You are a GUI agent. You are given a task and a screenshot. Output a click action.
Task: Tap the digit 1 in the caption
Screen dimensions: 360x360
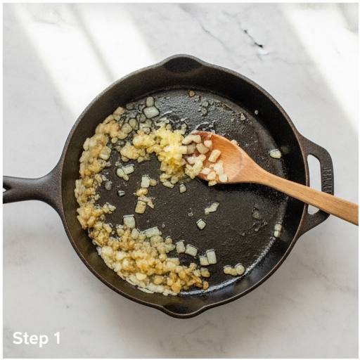[57, 338]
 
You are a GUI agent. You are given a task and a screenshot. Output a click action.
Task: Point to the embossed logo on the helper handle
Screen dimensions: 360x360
[328, 181]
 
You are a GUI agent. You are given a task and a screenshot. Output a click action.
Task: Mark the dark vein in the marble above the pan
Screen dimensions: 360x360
[254, 40]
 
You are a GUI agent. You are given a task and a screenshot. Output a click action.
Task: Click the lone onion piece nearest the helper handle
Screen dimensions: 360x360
[275, 153]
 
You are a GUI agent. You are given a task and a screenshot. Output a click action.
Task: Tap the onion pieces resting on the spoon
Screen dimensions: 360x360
[206, 159]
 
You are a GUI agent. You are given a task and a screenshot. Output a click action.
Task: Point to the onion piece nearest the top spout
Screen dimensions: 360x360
[192, 94]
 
